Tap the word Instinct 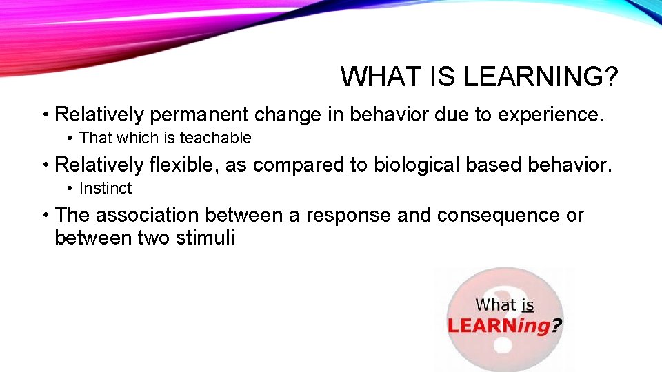tap(106, 188)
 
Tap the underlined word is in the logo tap(528, 304)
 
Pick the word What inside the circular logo tap(496, 304)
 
